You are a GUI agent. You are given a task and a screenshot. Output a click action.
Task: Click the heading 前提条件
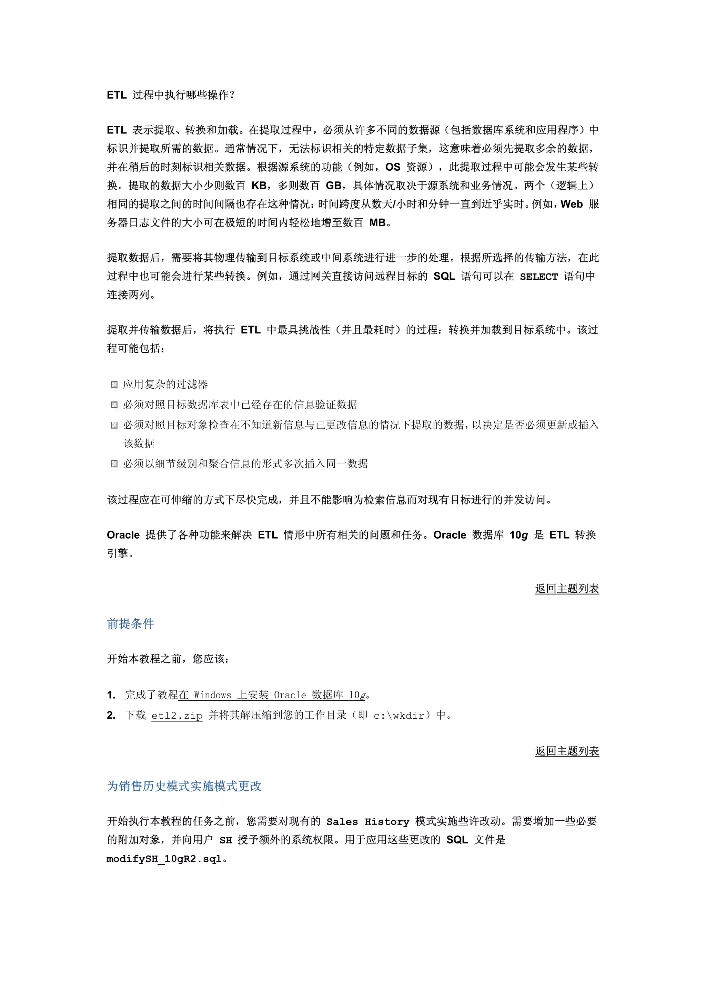coord(131,623)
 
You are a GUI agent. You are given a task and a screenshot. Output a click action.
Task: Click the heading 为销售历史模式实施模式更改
coord(184,786)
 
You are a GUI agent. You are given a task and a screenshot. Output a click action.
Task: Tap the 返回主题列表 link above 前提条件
coord(567,589)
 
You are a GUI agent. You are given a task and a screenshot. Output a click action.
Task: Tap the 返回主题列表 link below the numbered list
coord(567,751)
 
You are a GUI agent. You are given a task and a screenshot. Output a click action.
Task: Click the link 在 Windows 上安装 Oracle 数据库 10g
coord(271,695)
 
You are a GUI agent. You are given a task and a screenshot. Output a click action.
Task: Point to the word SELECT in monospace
coord(538,277)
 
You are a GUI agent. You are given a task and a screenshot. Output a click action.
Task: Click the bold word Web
coord(571,204)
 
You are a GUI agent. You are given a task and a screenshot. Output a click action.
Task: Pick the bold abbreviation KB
coord(259,186)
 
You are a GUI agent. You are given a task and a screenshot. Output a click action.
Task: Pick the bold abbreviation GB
coord(333,186)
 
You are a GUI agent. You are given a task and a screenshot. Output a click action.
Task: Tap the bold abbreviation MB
coord(377,223)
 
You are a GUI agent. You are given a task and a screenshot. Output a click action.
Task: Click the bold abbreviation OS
coord(392,167)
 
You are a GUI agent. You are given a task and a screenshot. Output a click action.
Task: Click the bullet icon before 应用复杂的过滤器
coord(114,384)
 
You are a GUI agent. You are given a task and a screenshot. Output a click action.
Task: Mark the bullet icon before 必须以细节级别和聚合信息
coord(114,464)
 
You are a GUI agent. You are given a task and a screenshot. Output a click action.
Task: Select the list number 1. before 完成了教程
coord(111,695)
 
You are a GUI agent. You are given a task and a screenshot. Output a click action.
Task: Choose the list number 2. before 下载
coord(111,715)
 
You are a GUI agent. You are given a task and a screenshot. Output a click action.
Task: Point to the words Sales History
coord(367,821)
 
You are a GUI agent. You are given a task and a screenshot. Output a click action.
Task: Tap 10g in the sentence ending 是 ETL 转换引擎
coord(518,535)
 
